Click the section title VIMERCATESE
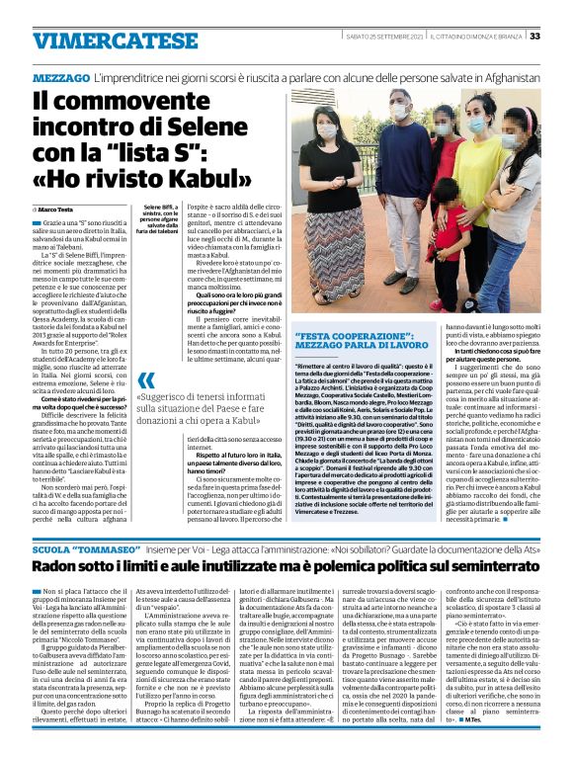point(100,42)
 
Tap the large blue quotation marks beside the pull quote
point(146,380)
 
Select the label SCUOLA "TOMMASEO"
point(67,547)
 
